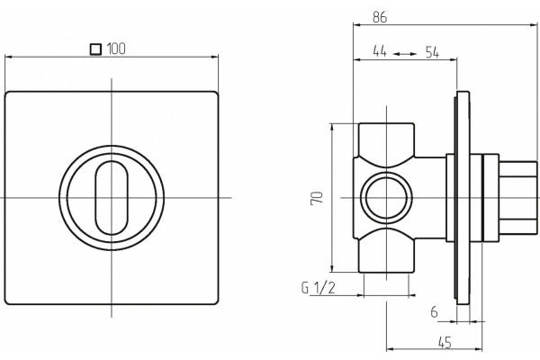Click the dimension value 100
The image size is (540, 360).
click(116, 49)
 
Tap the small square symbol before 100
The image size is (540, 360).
click(95, 49)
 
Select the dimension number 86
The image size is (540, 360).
click(380, 17)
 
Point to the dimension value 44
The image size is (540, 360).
click(380, 51)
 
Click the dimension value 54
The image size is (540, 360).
click(432, 52)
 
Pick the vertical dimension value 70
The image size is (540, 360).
click(317, 198)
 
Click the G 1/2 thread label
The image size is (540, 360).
click(319, 288)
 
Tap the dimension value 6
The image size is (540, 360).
click(435, 312)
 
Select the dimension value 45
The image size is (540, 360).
click(445, 342)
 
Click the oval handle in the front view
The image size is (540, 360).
click(112, 198)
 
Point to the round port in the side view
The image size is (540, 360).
click(386, 198)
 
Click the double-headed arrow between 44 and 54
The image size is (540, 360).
click(405, 54)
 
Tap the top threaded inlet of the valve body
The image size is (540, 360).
click(386, 140)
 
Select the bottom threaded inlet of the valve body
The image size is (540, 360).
click(386, 256)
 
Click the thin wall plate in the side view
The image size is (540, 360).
click(463, 198)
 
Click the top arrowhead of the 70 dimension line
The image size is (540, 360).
click(332, 127)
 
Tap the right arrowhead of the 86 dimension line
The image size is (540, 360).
click(534, 24)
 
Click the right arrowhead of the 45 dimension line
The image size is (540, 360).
click(479, 349)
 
